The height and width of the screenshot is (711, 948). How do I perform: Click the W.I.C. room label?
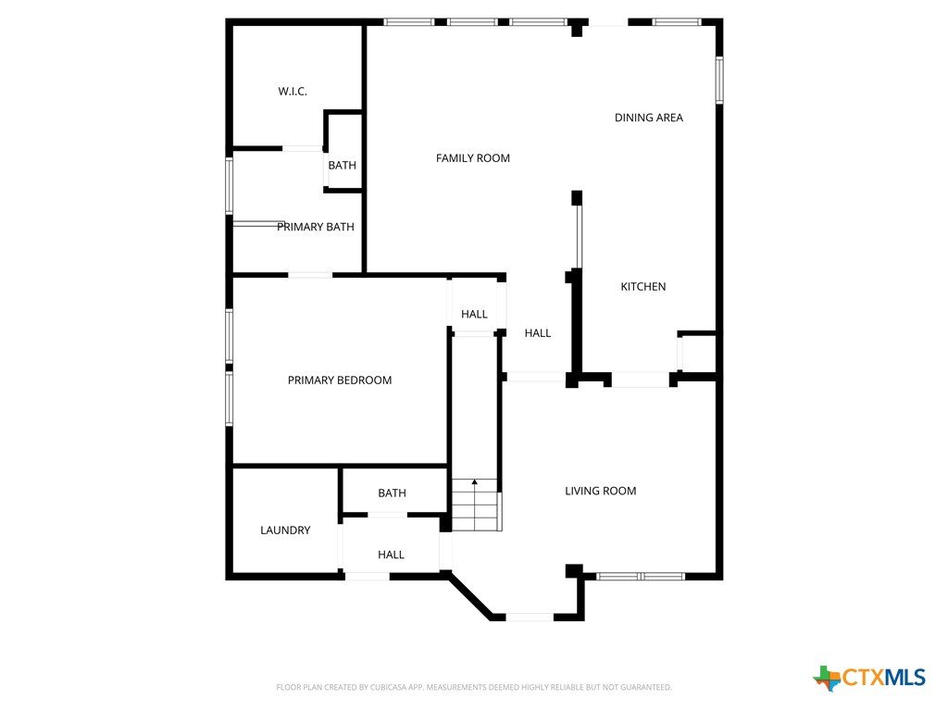tap(293, 92)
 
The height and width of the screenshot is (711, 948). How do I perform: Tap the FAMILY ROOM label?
tap(473, 158)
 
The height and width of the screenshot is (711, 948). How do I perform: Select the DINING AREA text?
tap(649, 118)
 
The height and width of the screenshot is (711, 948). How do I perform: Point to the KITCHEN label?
tap(643, 287)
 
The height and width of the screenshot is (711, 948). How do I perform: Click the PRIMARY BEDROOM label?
tap(340, 380)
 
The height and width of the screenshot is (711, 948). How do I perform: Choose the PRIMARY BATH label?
tap(316, 227)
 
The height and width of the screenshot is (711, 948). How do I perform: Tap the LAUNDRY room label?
tap(285, 530)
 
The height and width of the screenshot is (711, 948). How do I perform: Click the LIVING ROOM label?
tap(600, 491)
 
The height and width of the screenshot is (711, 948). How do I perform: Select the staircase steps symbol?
tap(477, 505)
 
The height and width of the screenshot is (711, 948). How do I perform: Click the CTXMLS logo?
tap(869, 678)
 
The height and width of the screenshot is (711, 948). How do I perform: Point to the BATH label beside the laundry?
tap(392, 493)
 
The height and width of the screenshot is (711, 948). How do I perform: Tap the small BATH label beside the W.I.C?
tap(343, 165)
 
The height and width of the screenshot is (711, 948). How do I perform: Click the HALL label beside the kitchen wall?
tap(538, 333)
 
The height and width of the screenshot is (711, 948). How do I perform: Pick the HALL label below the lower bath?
tap(392, 555)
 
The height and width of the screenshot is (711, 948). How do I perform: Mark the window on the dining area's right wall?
tap(719, 80)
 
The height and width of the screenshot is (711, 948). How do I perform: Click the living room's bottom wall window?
tap(641, 576)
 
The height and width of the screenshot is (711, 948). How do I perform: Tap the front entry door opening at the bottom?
tap(530, 617)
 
